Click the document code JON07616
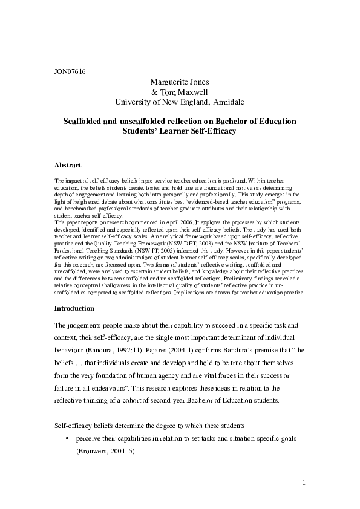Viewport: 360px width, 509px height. (70, 71)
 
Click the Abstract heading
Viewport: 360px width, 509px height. (68, 165)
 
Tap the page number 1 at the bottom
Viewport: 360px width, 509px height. (303, 483)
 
